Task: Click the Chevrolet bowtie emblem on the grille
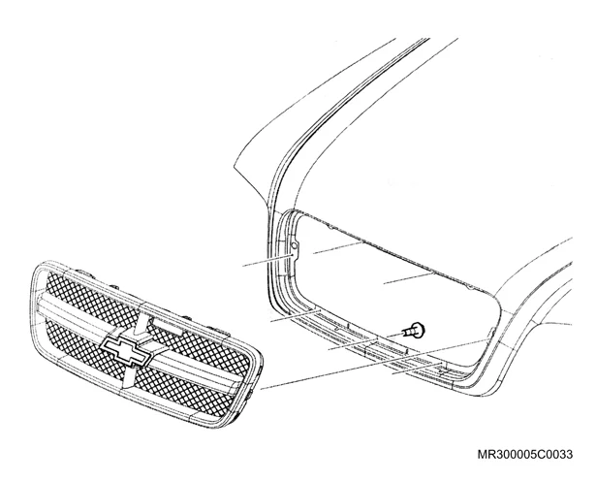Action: [127, 347]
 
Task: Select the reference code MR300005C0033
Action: [525, 454]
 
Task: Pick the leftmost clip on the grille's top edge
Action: [84, 272]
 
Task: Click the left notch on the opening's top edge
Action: [331, 228]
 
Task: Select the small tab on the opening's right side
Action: [490, 332]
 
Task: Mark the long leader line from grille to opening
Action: [374, 364]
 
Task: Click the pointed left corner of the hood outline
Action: [234, 166]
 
